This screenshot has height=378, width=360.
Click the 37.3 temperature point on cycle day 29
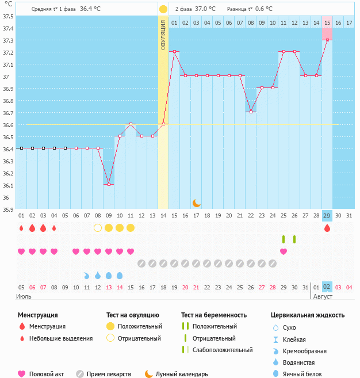pyautogui.click(x=327, y=40)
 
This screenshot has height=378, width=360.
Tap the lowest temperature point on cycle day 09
pyautogui.click(x=109, y=184)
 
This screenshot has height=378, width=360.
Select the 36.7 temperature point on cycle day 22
pyautogui.click(x=251, y=112)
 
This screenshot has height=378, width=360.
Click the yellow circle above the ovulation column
pyautogui.click(x=163, y=9)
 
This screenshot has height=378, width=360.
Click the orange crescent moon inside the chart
pyautogui.click(x=196, y=203)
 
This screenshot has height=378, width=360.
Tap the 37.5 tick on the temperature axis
pyautogui.click(x=8, y=16)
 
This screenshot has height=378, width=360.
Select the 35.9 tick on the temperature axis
pyautogui.click(x=8, y=209)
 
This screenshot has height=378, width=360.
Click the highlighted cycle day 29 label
pyautogui.click(x=327, y=215)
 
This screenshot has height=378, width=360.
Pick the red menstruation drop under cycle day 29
pyautogui.click(x=327, y=228)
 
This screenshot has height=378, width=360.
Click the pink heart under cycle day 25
pyautogui.click(x=284, y=251)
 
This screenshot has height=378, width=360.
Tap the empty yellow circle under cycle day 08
pyautogui.click(x=98, y=228)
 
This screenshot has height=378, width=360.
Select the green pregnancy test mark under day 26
pyautogui.click(x=294, y=239)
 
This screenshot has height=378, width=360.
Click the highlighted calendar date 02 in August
pyautogui.click(x=327, y=287)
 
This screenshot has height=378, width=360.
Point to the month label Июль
pyautogui.click(x=24, y=296)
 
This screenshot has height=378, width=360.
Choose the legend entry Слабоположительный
pyautogui.click(x=222, y=350)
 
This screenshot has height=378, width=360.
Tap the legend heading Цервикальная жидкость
pyautogui.click(x=308, y=315)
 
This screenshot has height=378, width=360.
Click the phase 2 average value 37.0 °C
pyautogui.click(x=205, y=9)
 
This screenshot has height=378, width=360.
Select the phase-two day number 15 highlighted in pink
pyautogui.click(x=327, y=22)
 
